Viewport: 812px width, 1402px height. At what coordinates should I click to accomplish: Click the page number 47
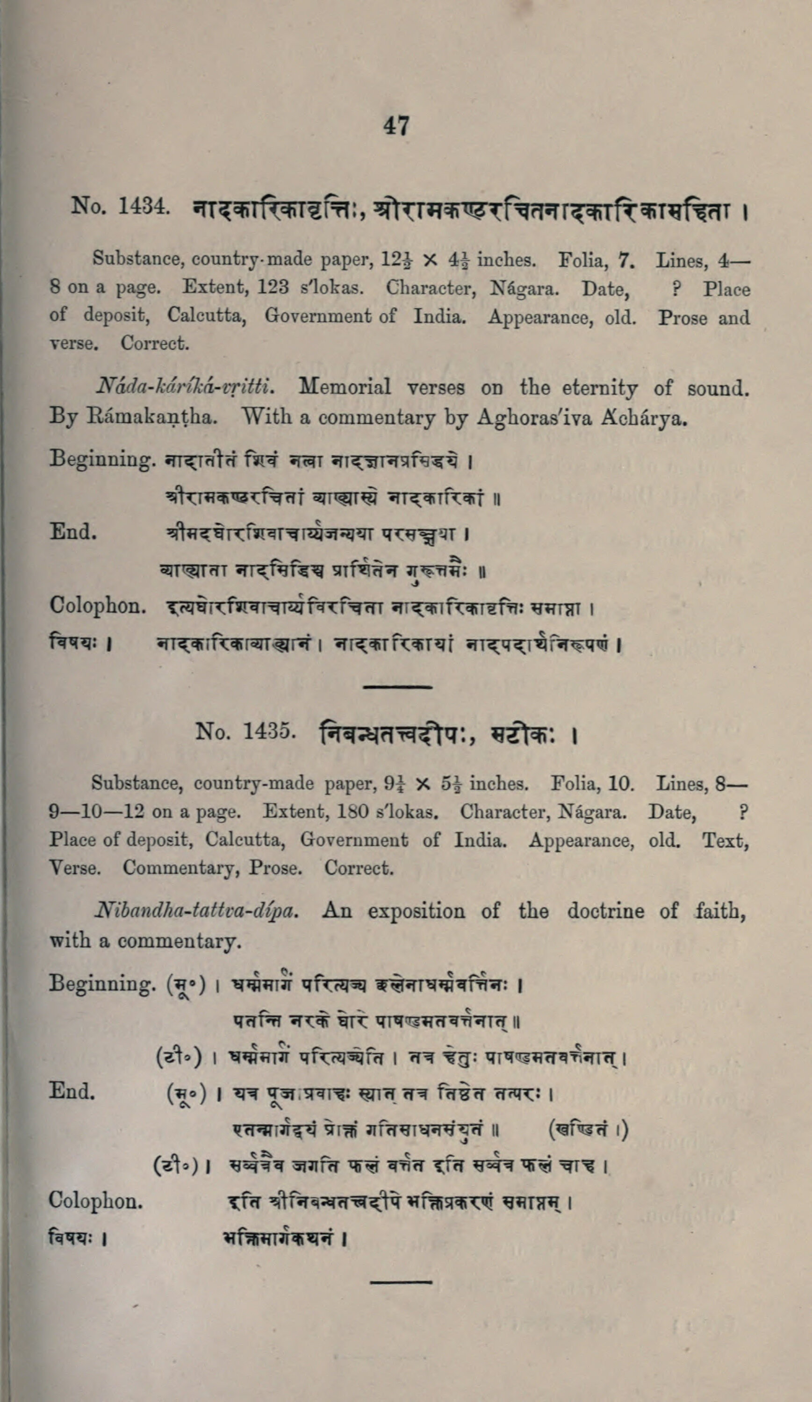tap(396, 126)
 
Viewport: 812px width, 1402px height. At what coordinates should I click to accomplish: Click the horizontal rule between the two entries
tap(398, 687)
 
